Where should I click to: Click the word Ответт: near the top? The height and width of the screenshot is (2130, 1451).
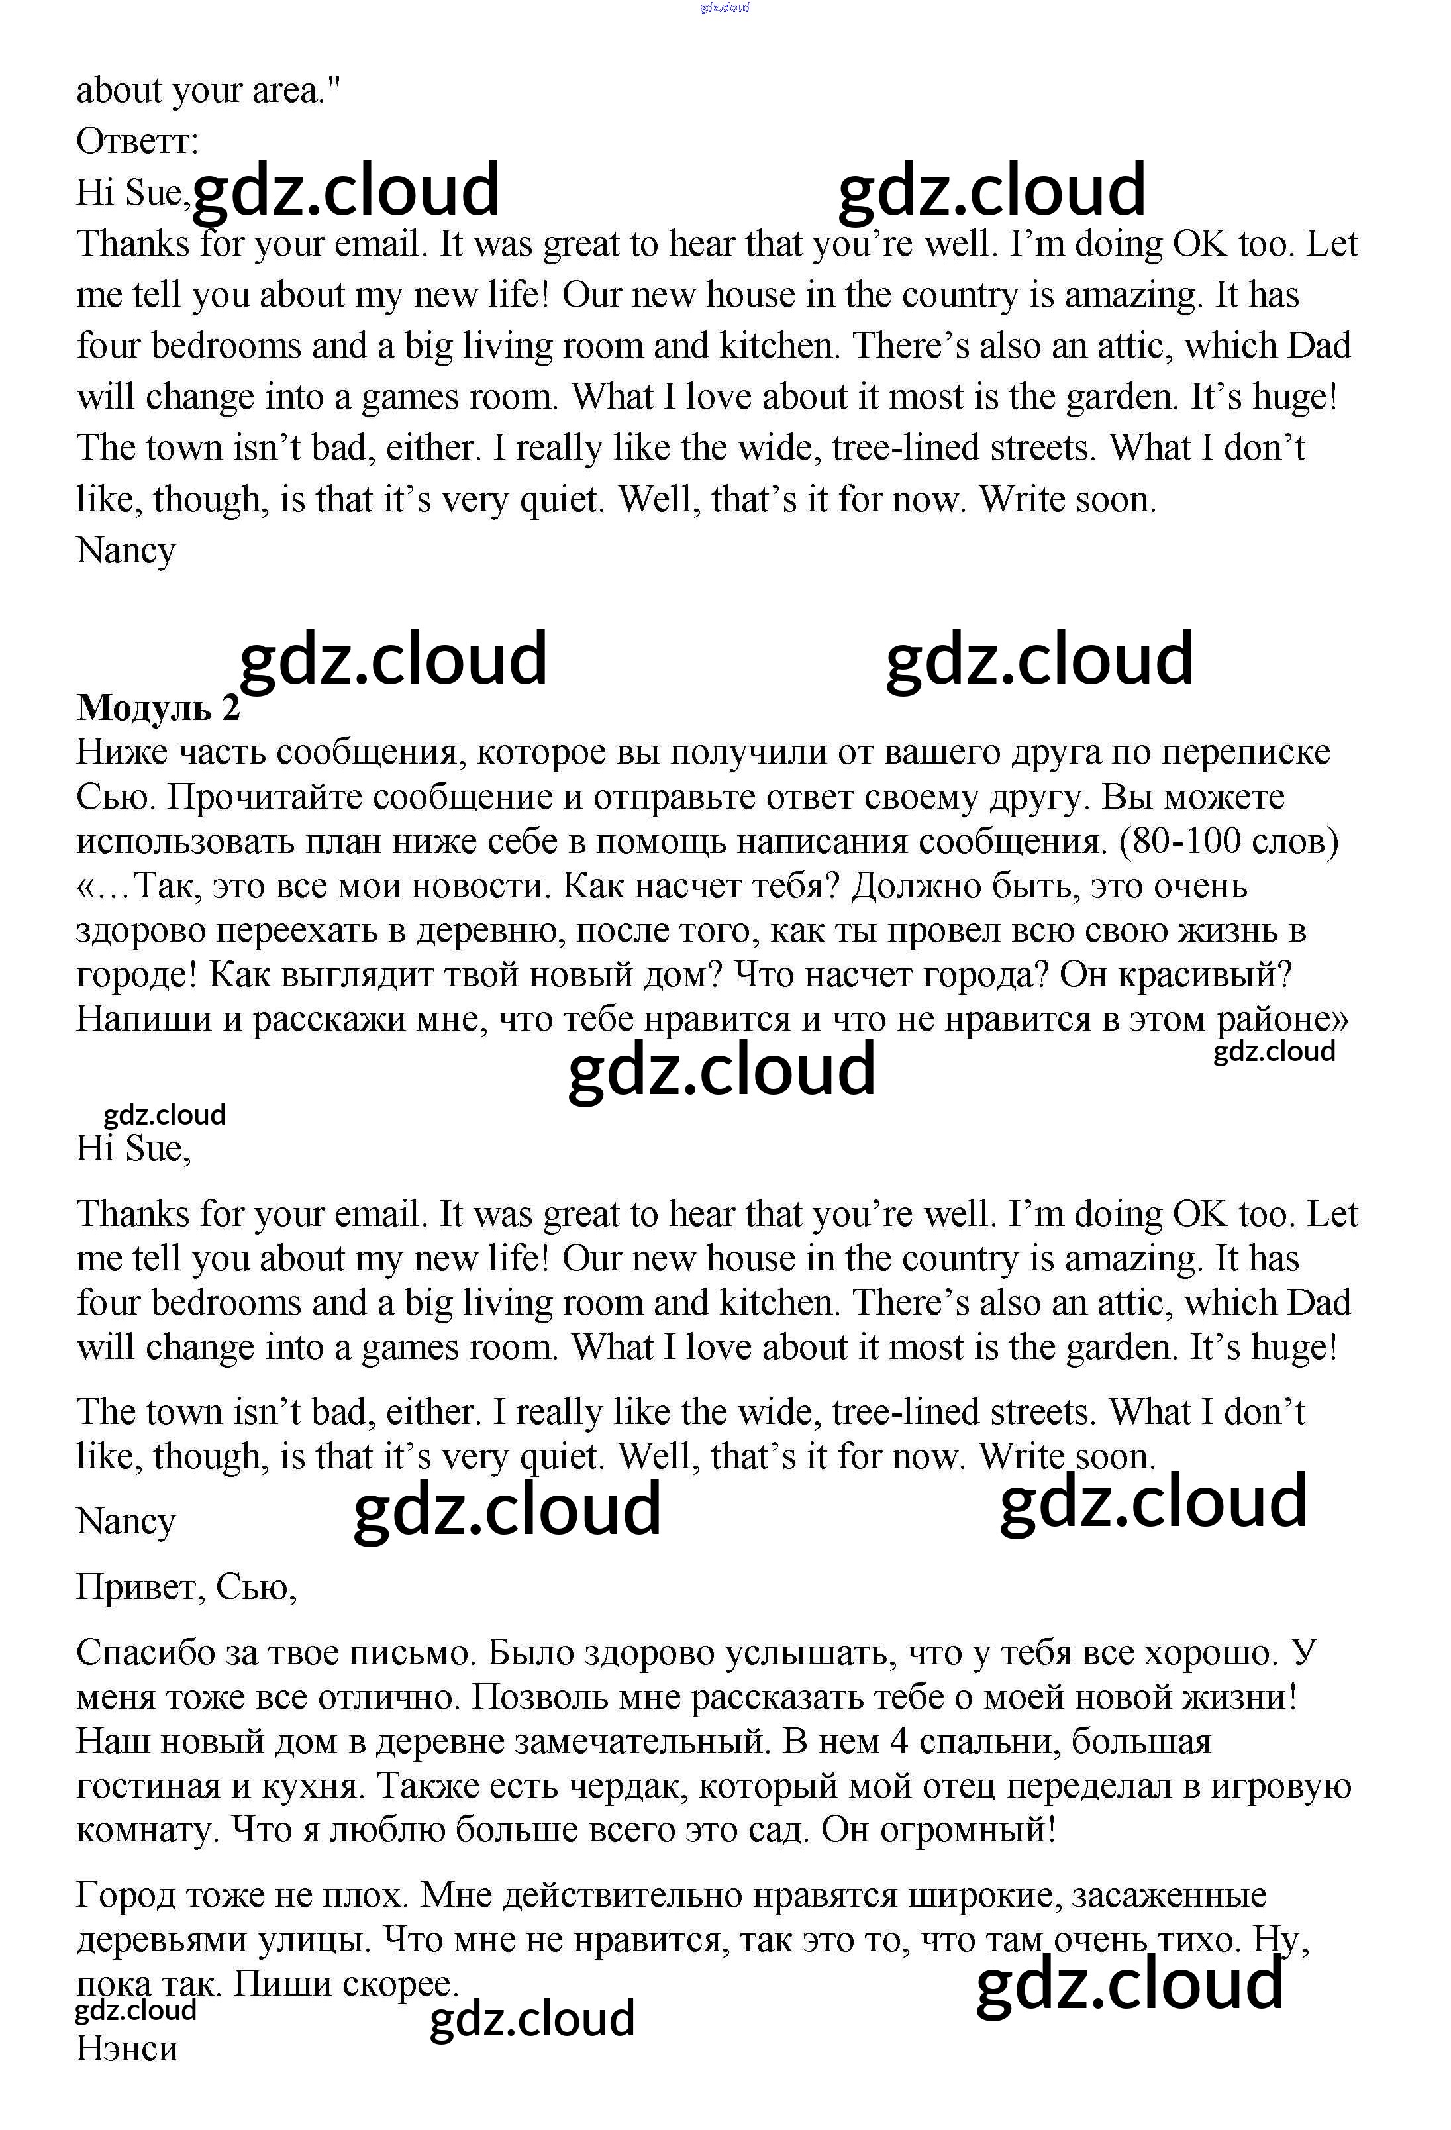(138, 141)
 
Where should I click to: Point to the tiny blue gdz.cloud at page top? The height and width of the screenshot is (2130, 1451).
(725, 7)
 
